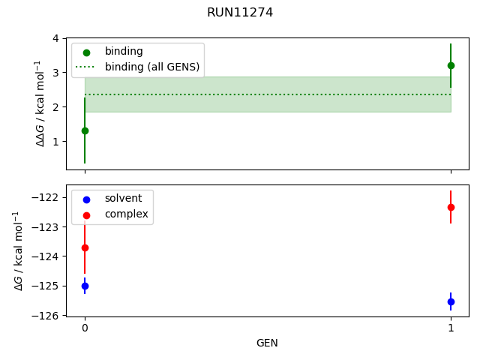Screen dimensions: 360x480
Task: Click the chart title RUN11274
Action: point(240,13)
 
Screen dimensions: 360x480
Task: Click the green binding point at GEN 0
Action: point(85,130)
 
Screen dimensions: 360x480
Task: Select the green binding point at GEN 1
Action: point(451,65)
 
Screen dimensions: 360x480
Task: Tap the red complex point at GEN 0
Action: point(85,247)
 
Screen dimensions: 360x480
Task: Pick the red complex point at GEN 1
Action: point(451,207)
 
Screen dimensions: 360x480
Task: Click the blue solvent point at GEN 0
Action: point(85,286)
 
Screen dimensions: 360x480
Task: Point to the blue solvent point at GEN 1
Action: point(451,301)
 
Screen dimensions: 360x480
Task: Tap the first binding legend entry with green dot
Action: point(120,52)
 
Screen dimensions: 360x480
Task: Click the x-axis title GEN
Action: point(267,343)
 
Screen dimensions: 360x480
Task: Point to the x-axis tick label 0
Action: point(85,328)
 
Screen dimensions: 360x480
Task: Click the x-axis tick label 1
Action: point(451,328)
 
